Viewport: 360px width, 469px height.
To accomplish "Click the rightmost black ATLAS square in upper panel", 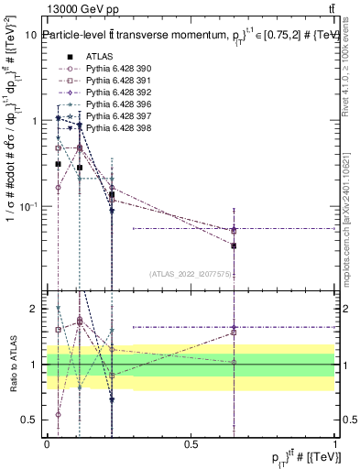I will click(234, 245).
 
